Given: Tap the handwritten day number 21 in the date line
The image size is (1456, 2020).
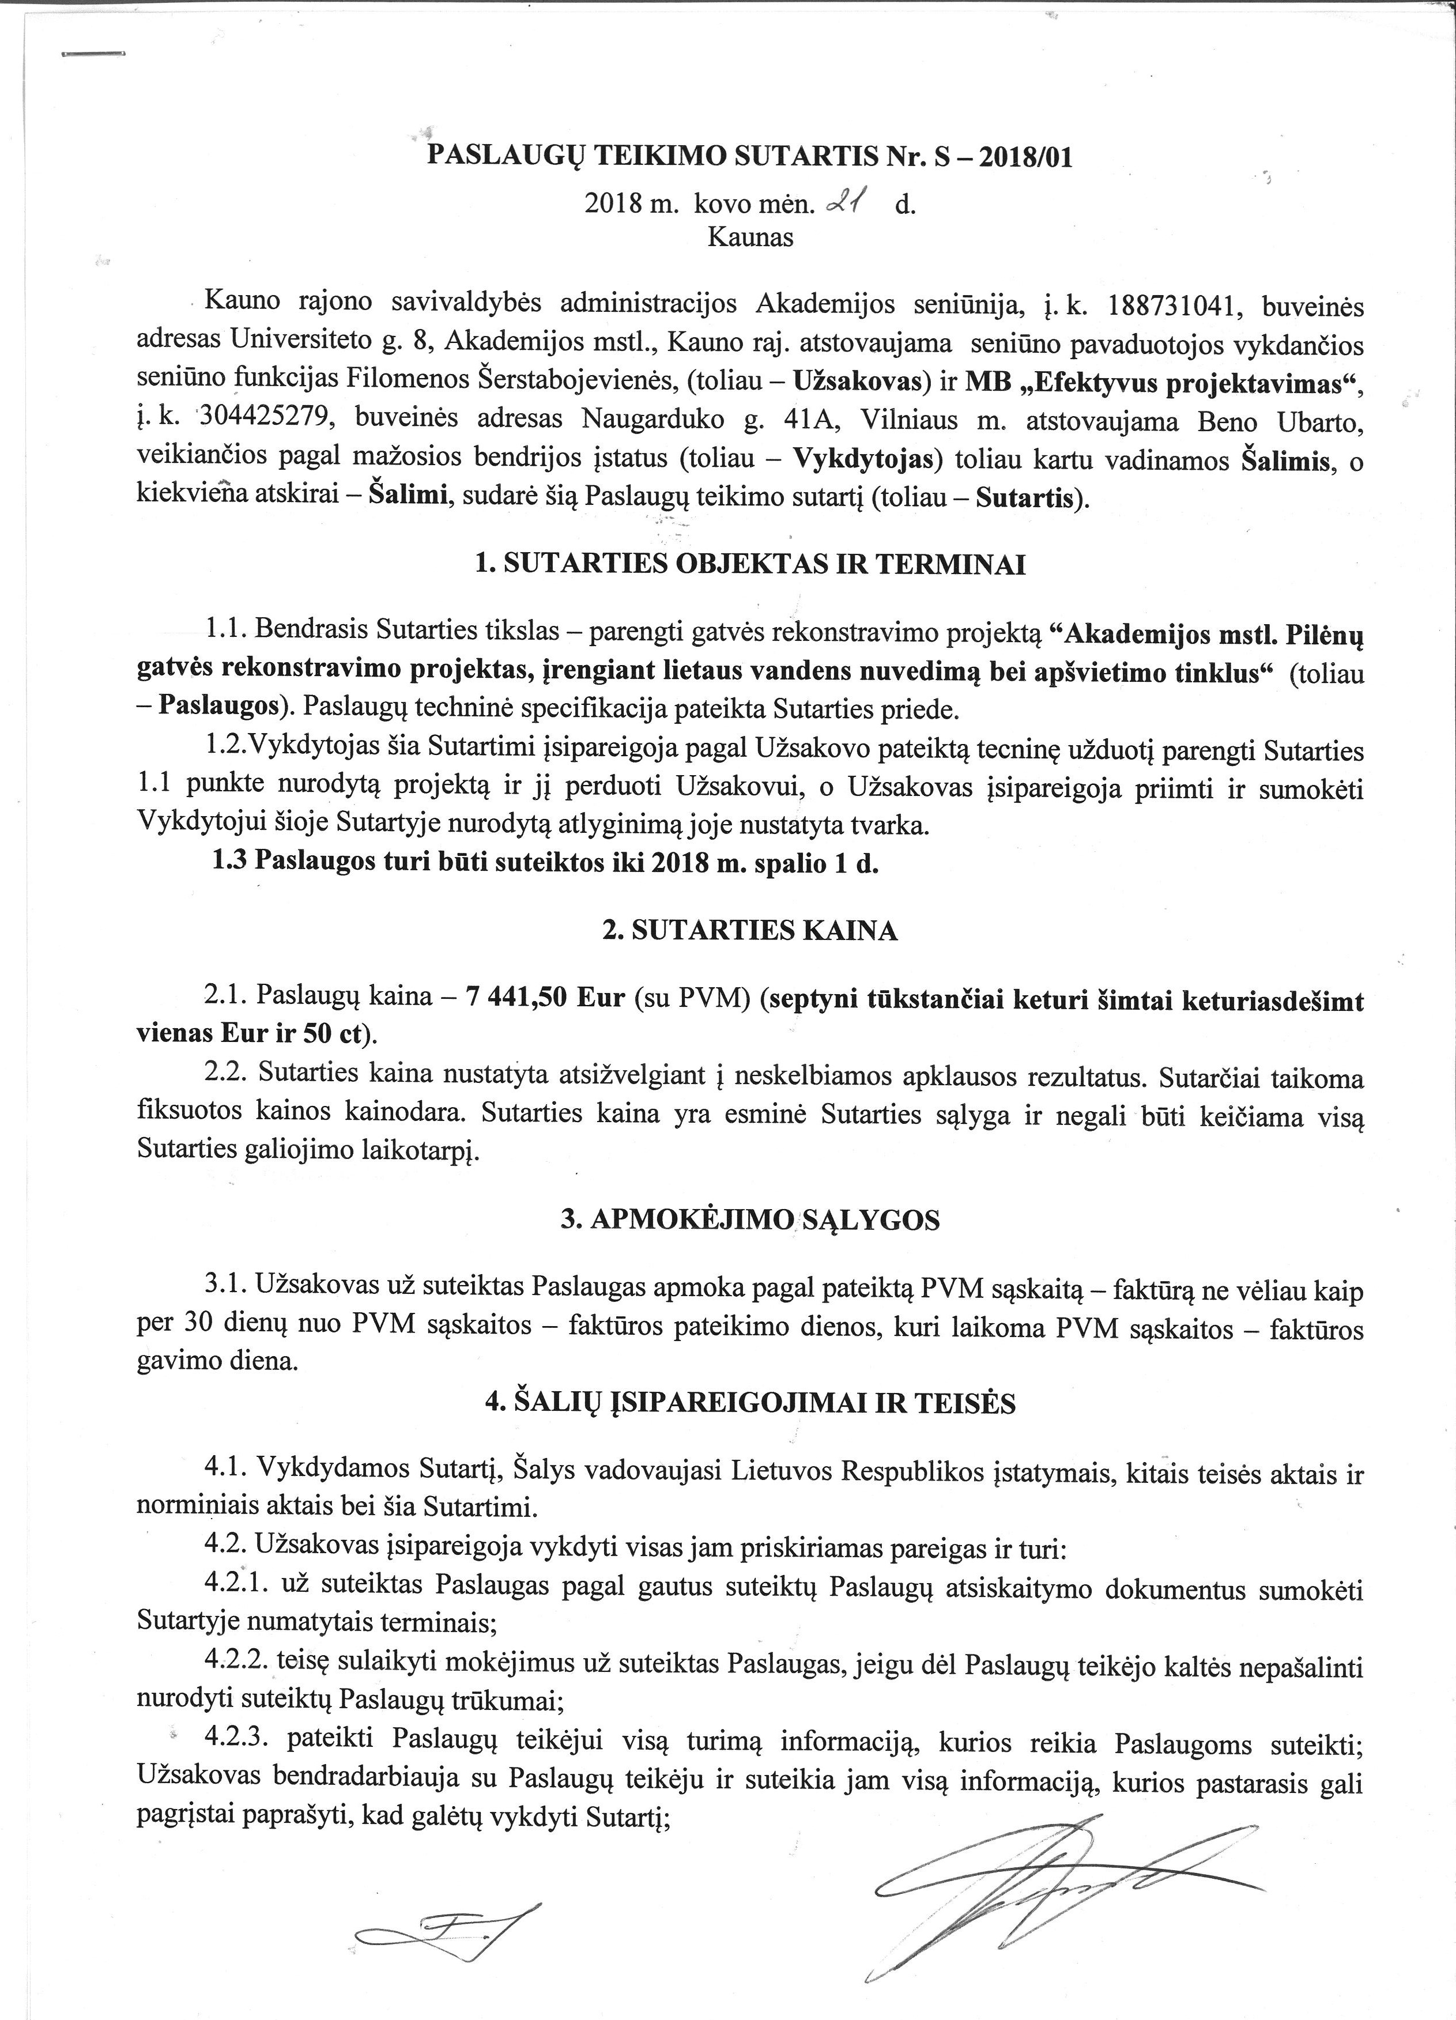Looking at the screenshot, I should coord(840,204).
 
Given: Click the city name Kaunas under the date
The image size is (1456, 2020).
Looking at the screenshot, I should coord(750,238).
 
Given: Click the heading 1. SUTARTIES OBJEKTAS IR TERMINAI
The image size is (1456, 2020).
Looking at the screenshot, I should coord(750,565).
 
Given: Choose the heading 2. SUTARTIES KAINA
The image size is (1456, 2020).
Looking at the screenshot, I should coord(750,932).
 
